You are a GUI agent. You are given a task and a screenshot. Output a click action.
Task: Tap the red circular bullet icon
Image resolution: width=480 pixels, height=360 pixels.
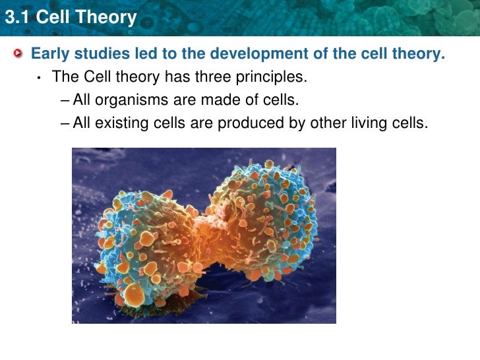(22, 54)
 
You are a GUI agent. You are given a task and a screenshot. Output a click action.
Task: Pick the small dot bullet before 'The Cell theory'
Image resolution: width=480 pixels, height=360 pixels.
(40, 78)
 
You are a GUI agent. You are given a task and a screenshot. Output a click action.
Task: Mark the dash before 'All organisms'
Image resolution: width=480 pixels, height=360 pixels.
(63, 101)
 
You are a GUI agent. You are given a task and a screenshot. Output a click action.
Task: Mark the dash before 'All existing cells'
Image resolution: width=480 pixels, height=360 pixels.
(63, 123)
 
